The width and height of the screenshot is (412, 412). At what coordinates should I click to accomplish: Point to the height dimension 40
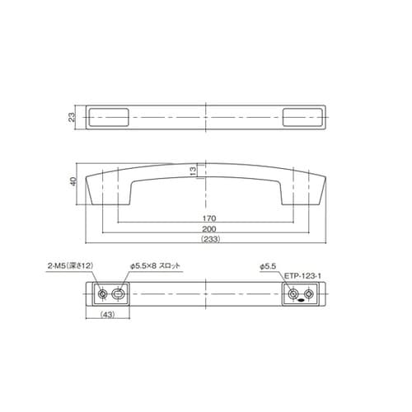tap(73, 182)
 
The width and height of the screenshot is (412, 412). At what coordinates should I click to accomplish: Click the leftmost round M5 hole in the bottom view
tap(102, 294)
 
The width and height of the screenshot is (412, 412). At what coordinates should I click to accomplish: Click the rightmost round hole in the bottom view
tap(310, 294)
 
